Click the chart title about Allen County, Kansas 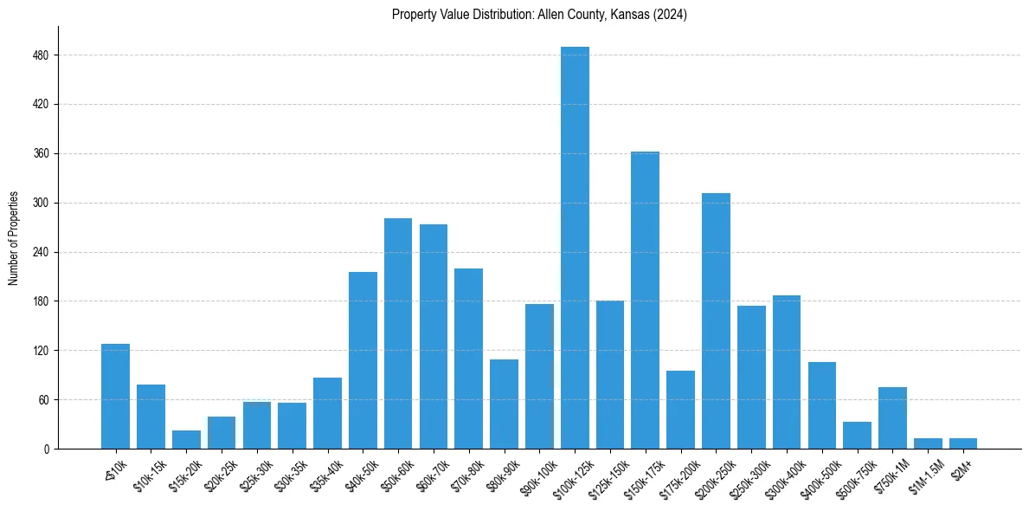coord(539,15)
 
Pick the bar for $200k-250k coord(716,320)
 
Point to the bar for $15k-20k coord(186,440)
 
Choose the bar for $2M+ coord(963,443)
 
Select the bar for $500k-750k coord(857,436)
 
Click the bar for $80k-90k coord(504,404)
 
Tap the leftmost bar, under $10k coord(115,397)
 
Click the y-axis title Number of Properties coord(13,238)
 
